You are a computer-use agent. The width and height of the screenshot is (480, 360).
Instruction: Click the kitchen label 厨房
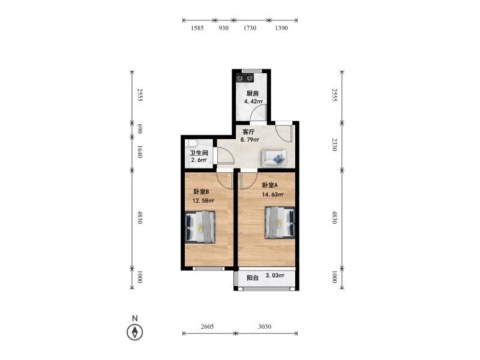point(253,94)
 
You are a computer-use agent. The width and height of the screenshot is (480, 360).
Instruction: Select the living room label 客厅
point(248,132)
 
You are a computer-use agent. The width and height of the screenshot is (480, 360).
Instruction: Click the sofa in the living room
point(274,158)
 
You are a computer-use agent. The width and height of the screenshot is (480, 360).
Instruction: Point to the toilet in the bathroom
point(192,143)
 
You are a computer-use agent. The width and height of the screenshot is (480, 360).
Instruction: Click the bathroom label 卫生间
point(199,153)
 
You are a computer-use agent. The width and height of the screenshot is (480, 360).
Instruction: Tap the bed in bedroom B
point(200,227)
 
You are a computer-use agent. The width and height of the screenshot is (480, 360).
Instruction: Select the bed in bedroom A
point(280,223)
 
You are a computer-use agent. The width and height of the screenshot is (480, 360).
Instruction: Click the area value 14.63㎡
point(272,194)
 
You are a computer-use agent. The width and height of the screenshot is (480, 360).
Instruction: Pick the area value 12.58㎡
point(203,201)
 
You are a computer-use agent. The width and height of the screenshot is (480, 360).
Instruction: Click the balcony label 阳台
point(253,278)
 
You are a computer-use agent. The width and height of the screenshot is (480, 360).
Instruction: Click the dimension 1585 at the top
point(197,28)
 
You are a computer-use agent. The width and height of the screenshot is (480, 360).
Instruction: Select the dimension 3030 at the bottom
point(265,326)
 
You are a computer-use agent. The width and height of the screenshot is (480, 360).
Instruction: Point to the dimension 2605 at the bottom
point(207,326)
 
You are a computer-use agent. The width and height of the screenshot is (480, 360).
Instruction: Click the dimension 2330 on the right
point(335,145)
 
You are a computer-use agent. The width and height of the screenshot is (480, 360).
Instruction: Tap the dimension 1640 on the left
point(140,152)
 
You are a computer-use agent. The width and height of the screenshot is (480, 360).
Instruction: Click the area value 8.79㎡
point(250,140)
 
